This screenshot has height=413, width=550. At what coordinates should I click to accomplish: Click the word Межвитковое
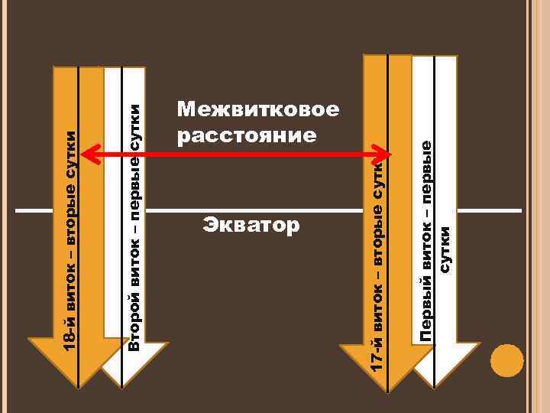(x=257, y=110)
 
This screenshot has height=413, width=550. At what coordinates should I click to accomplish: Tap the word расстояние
(x=245, y=136)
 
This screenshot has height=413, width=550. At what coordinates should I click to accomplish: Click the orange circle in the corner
(x=506, y=360)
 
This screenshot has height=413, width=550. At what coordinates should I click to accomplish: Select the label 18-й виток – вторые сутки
(x=70, y=241)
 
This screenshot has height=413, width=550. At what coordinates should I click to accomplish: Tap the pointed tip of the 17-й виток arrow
(x=387, y=393)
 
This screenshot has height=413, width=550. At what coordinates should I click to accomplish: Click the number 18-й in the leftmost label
(x=70, y=337)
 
